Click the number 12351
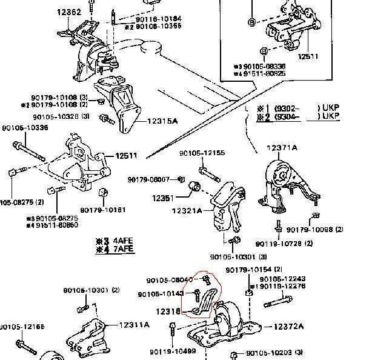[162, 198]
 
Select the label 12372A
[288, 327]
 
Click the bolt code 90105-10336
[25, 128]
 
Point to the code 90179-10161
[116, 210]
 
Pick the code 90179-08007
[148, 179]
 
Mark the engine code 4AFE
[122, 240]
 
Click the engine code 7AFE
[122, 248]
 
